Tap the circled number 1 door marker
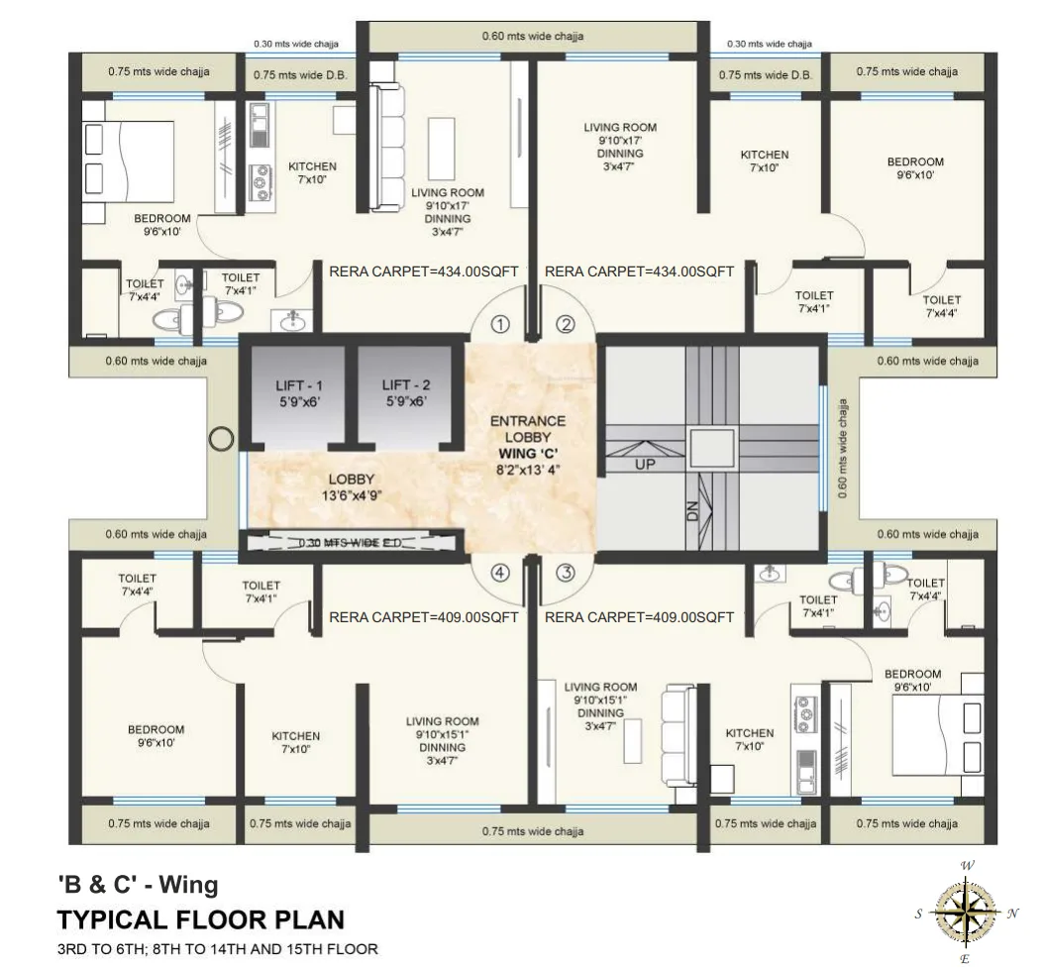(500, 324)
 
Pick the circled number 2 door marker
(565, 324)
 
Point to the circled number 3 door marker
(565, 573)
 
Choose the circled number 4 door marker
(500, 573)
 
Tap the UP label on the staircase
(645, 464)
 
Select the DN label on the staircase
(693, 510)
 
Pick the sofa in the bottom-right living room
(680, 735)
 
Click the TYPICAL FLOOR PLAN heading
(201, 919)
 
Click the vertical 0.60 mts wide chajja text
(843, 449)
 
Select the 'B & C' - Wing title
(138, 883)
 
